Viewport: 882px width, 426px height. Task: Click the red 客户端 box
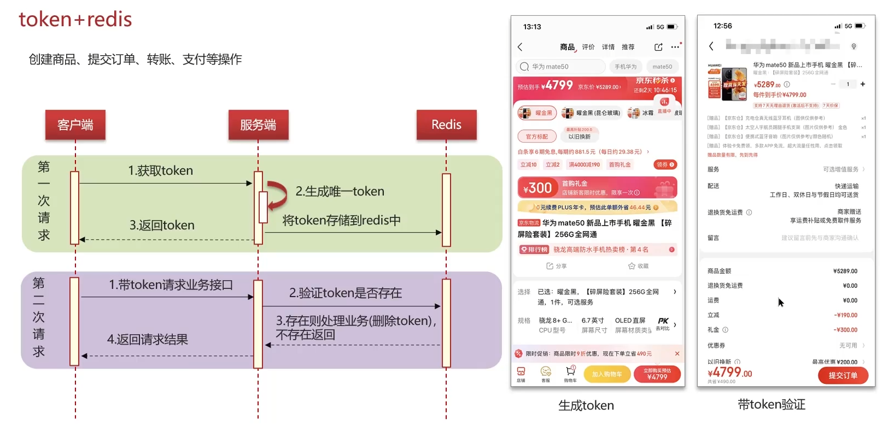pyautogui.click(x=75, y=125)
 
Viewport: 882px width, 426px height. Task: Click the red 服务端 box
pyautogui.click(x=258, y=125)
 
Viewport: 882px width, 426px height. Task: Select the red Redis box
pyautogui.click(x=446, y=125)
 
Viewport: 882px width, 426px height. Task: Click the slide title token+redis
pyautogui.click(x=75, y=20)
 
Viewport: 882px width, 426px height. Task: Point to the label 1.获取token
pyautogui.click(x=161, y=170)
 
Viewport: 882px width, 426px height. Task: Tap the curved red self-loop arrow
pyautogui.click(x=279, y=195)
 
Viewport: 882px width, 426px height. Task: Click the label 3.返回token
pyautogui.click(x=162, y=225)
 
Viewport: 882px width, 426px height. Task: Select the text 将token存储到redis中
pyautogui.click(x=341, y=220)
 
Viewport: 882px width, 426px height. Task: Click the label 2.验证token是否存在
pyautogui.click(x=346, y=293)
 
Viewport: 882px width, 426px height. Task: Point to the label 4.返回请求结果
pyautogui.click(x=148, y=339)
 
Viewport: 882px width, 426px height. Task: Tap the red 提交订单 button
pyautogui.click(x=843, y=375)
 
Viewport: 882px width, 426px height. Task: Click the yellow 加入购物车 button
pyautogui.click(x=607, y=374)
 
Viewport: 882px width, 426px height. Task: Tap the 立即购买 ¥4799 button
pyautogui.click(x=657, y=374)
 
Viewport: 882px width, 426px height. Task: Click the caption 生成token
pyautogui.click(x=586, y=405)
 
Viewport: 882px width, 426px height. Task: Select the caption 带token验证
pyautogui.click(x=772, y=405)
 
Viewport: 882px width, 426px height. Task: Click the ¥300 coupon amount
pyautogui.click(x=538, y=188)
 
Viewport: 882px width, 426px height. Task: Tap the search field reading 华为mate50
pyautogui.click(x=560, y=67)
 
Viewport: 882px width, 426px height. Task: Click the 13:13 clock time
pyautogui.click(x=532, y=27)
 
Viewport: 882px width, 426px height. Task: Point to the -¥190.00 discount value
pyautogui.click(x=845, y=315)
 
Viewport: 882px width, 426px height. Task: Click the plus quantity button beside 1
pyautogui.click(x=863, y=84)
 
